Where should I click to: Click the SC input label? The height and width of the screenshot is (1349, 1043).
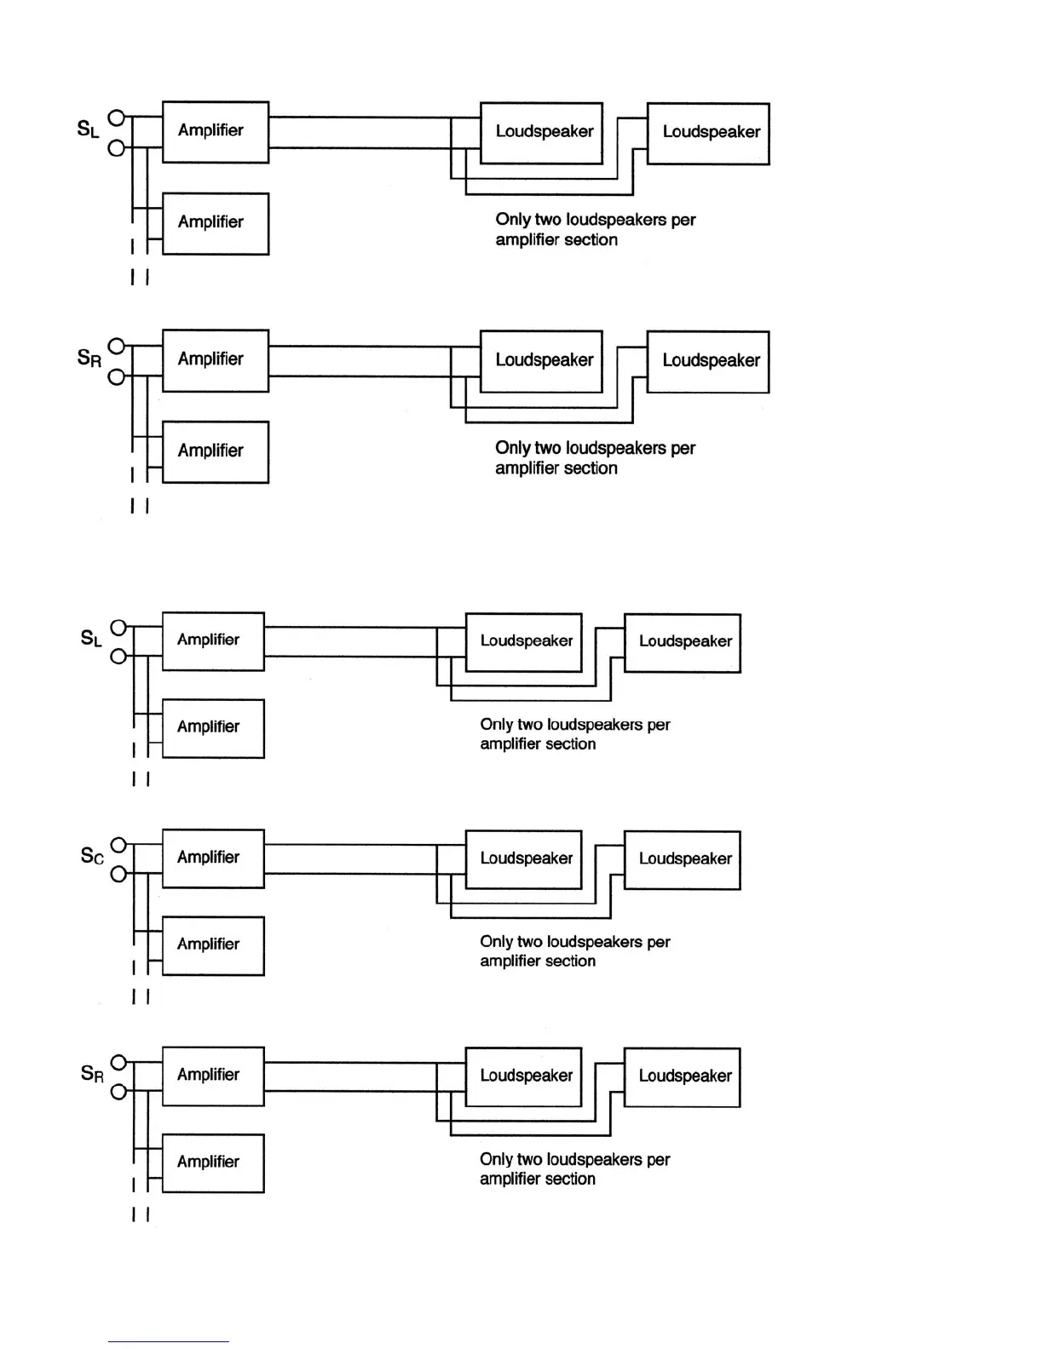coord(92,856)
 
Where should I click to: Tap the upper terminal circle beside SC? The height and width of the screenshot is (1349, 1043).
coord(119,845)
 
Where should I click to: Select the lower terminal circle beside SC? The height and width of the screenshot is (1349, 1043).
coord(119,874)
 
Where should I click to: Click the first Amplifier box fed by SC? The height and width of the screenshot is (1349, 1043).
coord(213,858)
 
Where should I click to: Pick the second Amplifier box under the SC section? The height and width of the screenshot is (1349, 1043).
coord(213,945)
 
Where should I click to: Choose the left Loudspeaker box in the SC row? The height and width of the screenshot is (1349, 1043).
coord(524,859)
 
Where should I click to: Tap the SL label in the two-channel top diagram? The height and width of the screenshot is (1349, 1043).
coord(88,129)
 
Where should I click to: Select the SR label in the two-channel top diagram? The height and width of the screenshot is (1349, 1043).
coord(89,358)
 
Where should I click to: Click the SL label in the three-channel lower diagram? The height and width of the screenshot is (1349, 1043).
coord(91,638)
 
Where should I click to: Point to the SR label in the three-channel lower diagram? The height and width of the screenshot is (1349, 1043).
coord(92,1073)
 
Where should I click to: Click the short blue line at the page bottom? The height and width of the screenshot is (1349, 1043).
coord(168,1341)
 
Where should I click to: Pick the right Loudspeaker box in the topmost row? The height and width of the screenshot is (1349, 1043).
coord(708,134)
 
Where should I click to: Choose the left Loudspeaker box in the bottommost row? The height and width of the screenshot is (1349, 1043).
coord(524,1076)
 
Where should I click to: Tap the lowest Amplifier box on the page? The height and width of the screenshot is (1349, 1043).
coord(213,1162)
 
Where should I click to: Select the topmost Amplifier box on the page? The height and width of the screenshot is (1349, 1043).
coord(216,131)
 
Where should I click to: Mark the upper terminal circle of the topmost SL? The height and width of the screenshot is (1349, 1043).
coord(118,118)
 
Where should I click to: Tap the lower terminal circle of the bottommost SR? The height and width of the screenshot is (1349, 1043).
coord(119,1091)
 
